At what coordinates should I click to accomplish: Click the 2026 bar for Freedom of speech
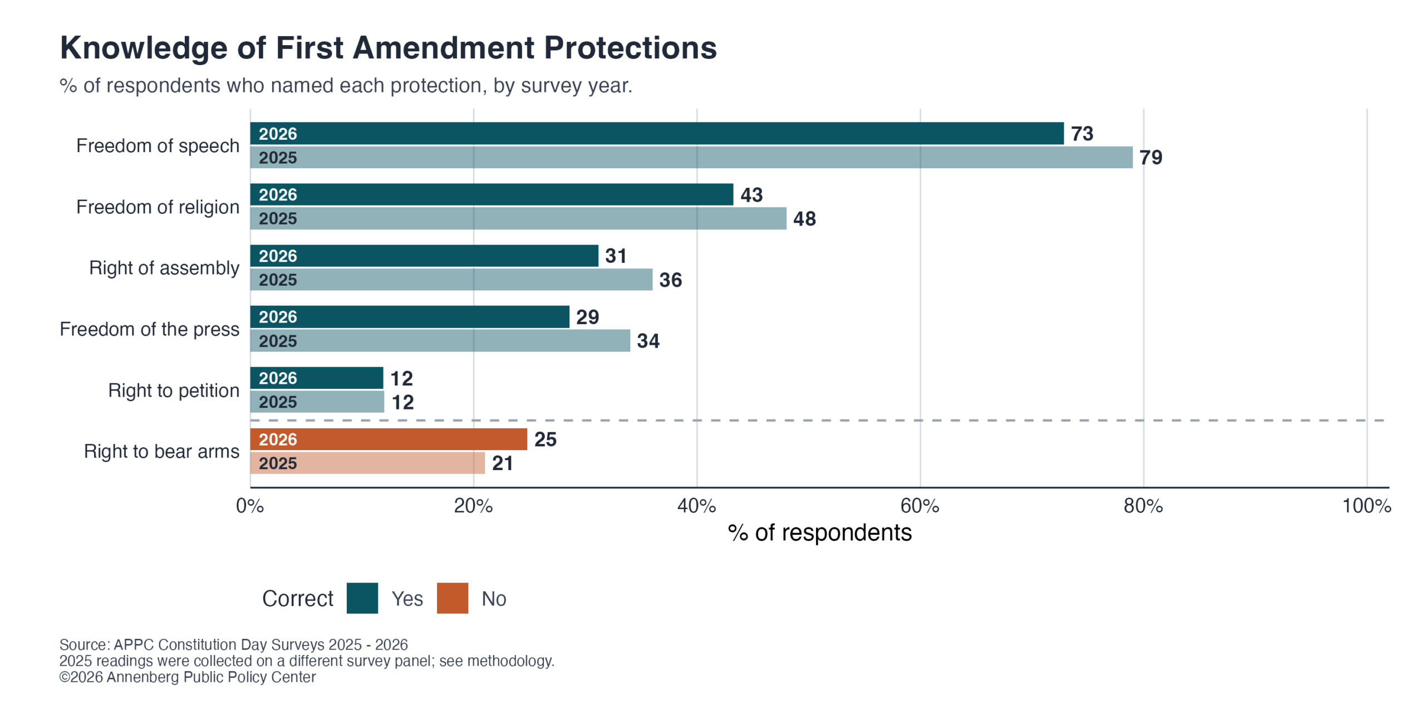coord(657,133)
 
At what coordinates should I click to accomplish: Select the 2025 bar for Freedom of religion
coord(518,218)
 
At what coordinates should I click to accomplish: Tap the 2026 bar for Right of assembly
coord(424,256)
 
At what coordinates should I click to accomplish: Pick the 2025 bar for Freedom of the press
coord(440,340)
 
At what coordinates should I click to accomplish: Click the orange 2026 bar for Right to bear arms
coord(389,439)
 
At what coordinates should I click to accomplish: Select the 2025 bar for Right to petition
coord(317,402)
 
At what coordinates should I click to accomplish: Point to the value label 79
coord(1151,158)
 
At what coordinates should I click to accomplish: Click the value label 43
coord(751,195)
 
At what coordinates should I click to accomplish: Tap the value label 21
coord(502,463)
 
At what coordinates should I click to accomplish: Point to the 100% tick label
coord(1367,506)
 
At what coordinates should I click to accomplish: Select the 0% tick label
coord(250,506)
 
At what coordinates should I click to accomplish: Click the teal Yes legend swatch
coord(362,598)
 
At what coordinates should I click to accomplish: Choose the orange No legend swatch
coord(453,598)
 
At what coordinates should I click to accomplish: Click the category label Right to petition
coord(174,390)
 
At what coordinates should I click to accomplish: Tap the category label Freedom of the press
coord(150,329)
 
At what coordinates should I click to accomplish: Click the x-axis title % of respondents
coord(819,533)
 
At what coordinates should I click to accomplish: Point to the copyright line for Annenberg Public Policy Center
coord(188,677)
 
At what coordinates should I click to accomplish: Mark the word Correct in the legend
coord(298,599)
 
